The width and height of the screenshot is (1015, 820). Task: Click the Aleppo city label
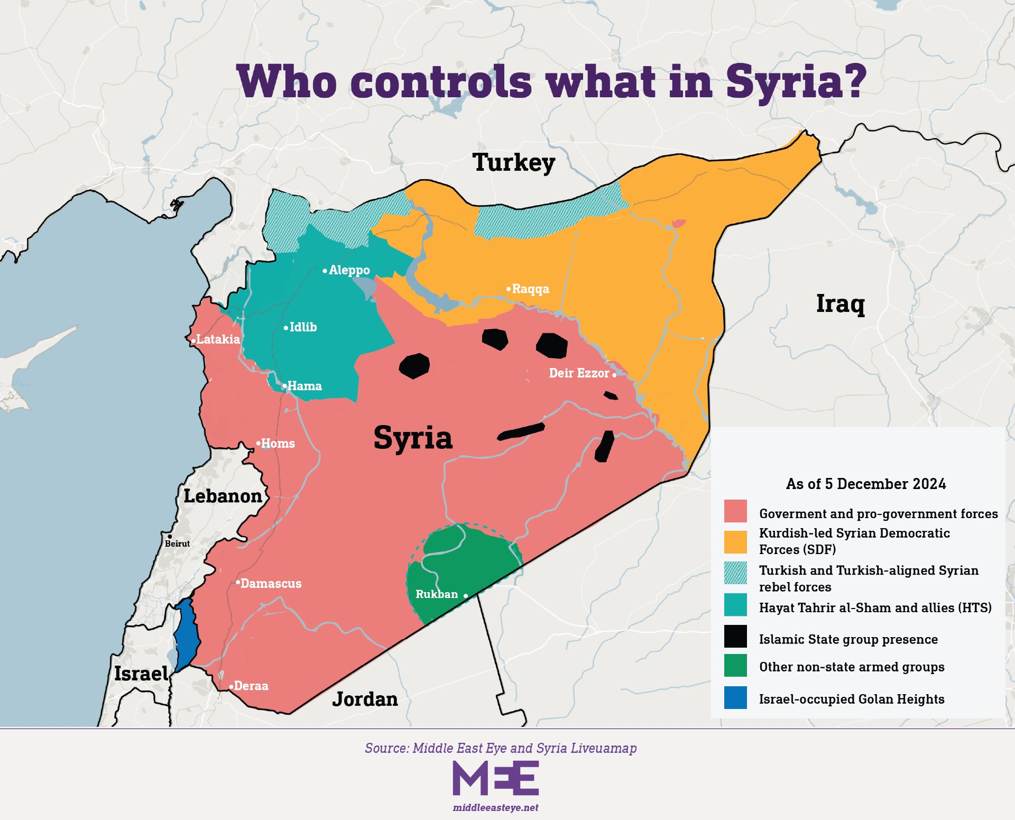coord(348,270)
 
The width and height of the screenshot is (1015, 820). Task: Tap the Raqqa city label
coord(530,289)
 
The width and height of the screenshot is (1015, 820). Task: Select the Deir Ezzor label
coord(579,373)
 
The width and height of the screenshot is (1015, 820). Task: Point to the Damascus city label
coord(270,584)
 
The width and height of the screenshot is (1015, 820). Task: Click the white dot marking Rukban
coord(465,596)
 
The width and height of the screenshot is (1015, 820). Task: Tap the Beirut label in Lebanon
coord(177,543)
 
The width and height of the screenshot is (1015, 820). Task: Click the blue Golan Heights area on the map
coord(186,634)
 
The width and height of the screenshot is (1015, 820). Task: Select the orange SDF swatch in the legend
coord(735,542)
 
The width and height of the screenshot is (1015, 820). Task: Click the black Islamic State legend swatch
coord(735,637)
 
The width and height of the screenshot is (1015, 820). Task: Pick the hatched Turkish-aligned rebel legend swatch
coord(735,573)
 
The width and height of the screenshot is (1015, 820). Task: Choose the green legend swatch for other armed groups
coord(735,666)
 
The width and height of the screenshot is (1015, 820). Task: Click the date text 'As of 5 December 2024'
coord(865,484)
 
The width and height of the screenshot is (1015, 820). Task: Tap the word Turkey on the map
coord(513,163)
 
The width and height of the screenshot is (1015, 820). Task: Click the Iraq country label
coord(840,304)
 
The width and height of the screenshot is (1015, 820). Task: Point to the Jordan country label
coord(365,699)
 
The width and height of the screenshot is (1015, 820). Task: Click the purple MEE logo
coord(495,778)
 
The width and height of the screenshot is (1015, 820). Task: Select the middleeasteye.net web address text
coord(495,808)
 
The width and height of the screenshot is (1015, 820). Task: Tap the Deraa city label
coord(251,686)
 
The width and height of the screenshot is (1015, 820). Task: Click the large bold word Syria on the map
coord(413,438)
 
